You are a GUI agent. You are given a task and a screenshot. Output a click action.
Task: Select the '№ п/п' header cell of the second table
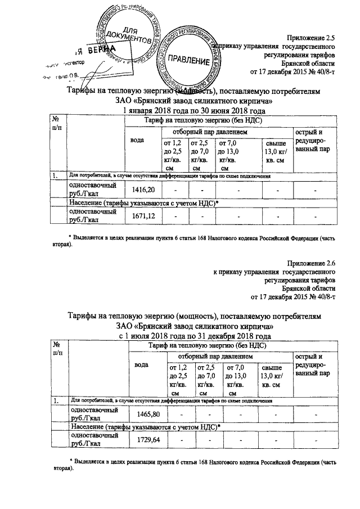tap(57, 348)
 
